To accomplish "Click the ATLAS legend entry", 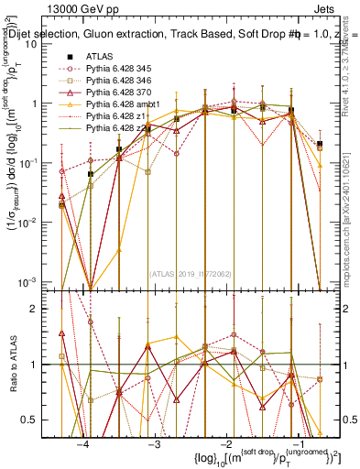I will coord(100,57).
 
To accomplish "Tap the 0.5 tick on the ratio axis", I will coord(38,420).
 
